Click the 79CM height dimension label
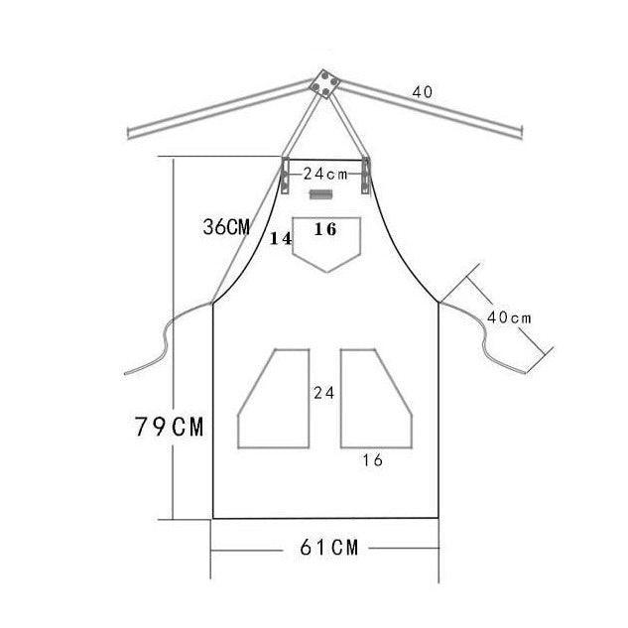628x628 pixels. [169, 427]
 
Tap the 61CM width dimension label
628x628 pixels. [328, 548]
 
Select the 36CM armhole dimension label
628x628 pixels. [226, 227]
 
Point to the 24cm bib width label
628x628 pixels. [325, 175]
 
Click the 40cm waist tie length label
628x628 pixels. [509, 318]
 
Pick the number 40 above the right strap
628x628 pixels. [423, 92]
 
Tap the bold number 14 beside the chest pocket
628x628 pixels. [281, 239]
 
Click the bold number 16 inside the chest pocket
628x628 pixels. [325, 229]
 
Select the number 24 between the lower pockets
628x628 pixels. [324, 393]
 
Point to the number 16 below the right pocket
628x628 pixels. [373, 460]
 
